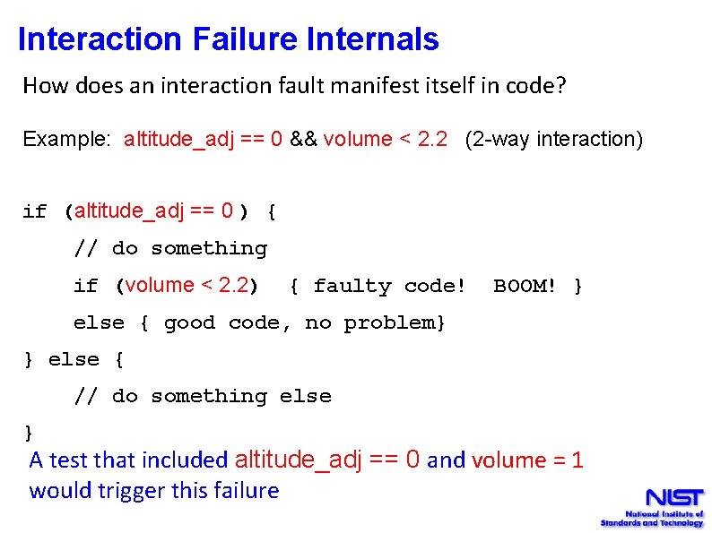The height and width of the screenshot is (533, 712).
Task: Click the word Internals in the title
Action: coord(372,39)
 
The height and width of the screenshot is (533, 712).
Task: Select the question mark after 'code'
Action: coord(561,86)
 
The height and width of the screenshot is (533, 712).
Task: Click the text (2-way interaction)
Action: coord(553,140)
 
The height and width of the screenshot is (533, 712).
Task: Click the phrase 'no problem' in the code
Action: coord(372,323)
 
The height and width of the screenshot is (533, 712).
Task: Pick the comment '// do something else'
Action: coord(202,397)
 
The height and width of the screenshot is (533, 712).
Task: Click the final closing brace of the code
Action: coord(29,434)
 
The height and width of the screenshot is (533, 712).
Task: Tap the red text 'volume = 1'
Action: coord(527,461)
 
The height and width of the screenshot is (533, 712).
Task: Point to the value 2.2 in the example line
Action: coord(432,140)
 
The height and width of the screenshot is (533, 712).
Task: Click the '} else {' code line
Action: coord(74,360)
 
